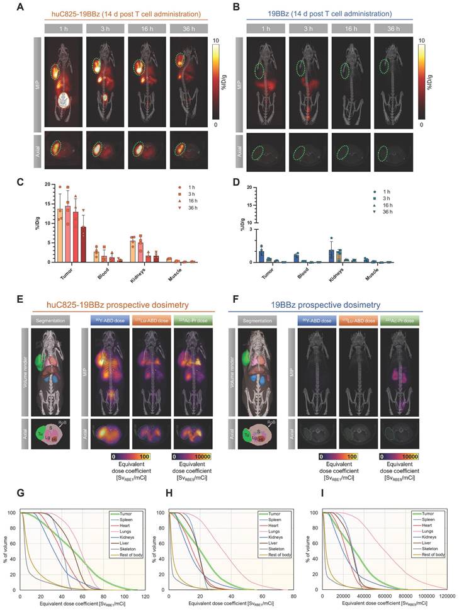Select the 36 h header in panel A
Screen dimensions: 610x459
click(x=182, y=28)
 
